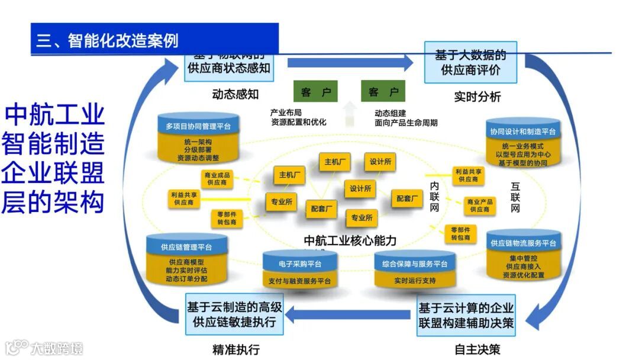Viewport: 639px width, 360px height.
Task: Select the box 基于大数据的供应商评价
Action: point(470,62)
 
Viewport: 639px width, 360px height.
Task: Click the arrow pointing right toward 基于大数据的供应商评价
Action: point(350,62)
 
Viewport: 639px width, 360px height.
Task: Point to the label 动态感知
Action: point(235,94)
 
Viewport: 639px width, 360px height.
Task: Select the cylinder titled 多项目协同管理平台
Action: point(198,126)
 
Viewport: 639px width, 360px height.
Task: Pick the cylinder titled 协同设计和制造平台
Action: point(522,131)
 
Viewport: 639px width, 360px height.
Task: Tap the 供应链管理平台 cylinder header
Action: point(186,247)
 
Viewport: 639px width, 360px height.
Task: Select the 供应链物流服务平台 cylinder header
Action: point(523,243)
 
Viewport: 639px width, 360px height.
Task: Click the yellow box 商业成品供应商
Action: point(217,179)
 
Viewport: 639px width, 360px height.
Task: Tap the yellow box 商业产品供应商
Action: point(479,205)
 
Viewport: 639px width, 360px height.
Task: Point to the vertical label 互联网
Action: point(515,197)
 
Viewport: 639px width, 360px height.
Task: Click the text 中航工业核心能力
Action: point(350,240)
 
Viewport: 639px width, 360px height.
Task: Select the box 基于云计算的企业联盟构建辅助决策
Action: point(466,316)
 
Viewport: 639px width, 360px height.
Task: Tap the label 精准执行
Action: point(235,349)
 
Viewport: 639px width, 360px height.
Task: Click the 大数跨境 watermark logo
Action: point(44,348)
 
